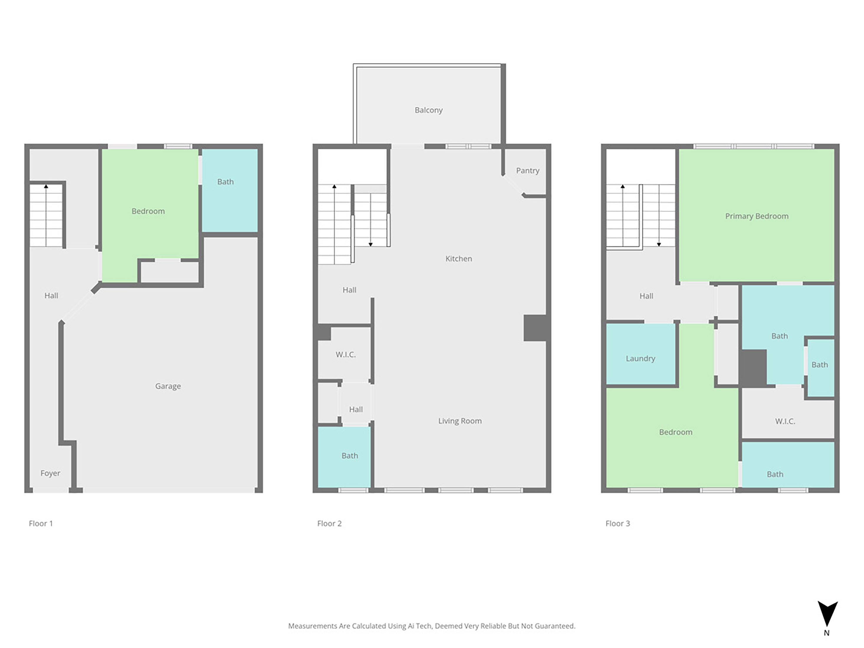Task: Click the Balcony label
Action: (429, 110)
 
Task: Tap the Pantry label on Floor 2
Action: (527, 171)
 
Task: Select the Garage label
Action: (168, 386)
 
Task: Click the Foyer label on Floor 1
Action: (50, 473)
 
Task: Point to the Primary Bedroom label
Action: (756, 216)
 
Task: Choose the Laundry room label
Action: (640, 358)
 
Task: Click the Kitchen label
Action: (459, 259)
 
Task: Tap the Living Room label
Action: (460, 421)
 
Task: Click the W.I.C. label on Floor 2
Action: (345, 354)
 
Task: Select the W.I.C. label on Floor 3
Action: (785, 421)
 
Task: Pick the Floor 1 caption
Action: (41, 523)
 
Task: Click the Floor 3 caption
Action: (617, 523)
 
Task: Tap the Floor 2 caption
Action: (329, 523)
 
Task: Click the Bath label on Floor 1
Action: (225, 182)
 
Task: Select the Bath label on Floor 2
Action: (350, 455)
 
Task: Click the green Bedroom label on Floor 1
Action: (148, 211)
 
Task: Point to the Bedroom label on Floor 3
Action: (675, 432)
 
